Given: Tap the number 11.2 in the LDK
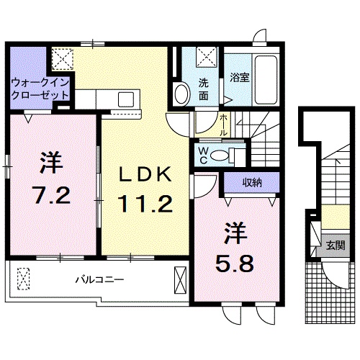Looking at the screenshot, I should coord(146,205).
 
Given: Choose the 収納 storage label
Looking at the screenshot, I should coord(251,183).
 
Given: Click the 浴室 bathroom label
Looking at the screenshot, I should coord(240,78).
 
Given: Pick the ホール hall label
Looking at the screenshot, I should coord(224,125).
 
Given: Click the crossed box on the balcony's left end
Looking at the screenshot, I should coord(24,278).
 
